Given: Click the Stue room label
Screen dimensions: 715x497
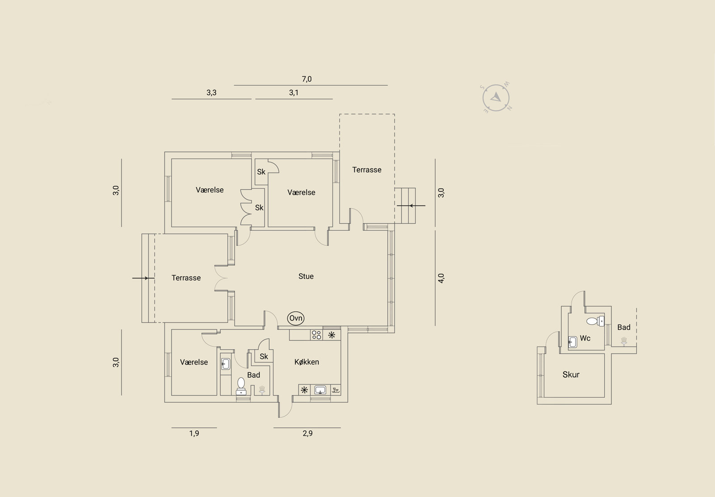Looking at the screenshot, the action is click(306, 276).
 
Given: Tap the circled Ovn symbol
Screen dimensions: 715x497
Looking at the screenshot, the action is click(295, 318).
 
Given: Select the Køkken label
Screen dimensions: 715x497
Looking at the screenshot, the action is click(307, 362).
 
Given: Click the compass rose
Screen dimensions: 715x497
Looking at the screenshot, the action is click(496, 98).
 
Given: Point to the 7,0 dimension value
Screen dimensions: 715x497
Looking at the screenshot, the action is click(307, 79).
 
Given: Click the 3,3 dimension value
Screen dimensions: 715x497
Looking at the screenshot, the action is click(211, 92).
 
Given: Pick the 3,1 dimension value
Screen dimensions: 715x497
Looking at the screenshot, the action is click(294, 92).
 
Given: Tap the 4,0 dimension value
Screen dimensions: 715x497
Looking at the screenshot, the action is click(441, 278).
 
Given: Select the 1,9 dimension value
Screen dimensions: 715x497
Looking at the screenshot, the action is click(194, 433).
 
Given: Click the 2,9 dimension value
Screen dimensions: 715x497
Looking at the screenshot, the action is click(308, 433).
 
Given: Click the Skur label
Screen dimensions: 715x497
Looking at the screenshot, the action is click(571, 375).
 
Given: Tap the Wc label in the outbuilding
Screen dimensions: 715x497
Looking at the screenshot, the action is click(585, 338).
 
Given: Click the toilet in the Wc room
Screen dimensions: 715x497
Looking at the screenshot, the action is click(595, 321).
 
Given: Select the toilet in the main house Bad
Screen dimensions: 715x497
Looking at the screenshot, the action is click(241, 386).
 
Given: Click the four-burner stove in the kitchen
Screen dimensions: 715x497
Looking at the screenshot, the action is click(316, 335).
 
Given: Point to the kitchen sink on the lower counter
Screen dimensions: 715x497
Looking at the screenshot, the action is click(320, 390).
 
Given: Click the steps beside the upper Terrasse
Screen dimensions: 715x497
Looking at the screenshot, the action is click(405, 205).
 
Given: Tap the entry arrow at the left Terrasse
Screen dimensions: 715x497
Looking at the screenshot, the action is click(143, 278).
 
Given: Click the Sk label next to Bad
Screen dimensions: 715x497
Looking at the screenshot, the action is click(264, 356).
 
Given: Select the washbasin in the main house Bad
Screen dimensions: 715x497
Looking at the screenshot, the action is click(226, 364).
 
